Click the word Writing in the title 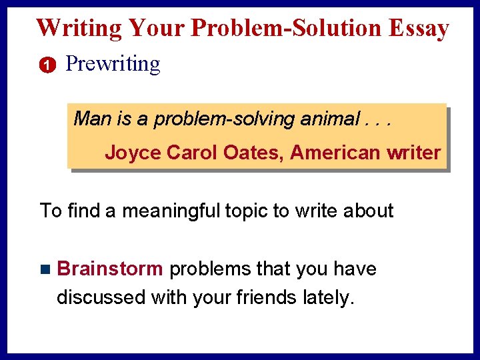point(79,28)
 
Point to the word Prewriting point(113,65)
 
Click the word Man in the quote point(93,119)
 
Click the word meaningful point(158,211)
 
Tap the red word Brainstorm point(110,269)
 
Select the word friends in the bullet point(264,297)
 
